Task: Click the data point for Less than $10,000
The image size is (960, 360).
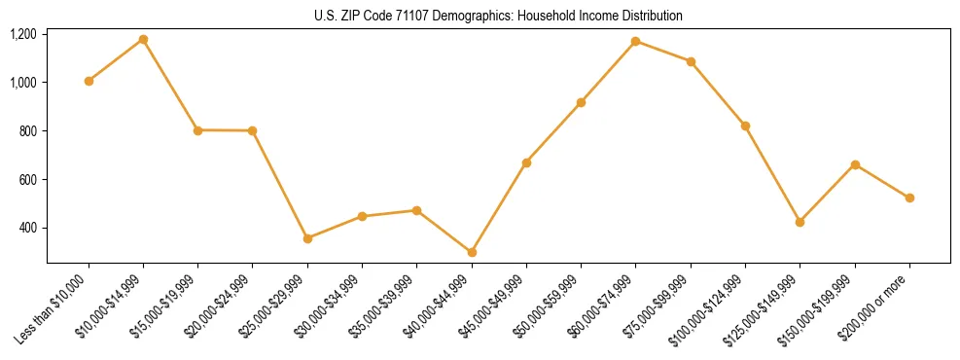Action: click(x=89, y=81)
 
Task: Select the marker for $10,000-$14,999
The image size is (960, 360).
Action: click(x=143, y=39)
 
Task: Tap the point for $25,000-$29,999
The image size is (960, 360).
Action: click(x=307, y=238)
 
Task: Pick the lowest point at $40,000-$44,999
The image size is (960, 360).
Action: click(x=472, y=252)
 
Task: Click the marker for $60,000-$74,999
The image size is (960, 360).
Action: click(x=635, y=41)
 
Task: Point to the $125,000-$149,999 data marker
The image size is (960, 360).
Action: click(x=800, y=222)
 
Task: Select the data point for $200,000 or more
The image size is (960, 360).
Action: click(x=909, y=198)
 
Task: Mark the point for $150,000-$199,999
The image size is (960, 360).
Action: click(x=855, y=164)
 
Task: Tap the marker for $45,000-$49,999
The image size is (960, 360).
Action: click(x=526, y=162)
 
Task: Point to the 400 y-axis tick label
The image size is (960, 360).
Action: click(x=27, y=228)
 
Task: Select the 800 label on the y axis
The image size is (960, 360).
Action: click(x=27, y=130)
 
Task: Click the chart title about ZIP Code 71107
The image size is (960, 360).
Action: click(x=498, y=17)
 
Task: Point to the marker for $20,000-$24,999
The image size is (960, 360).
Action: click(x=253, y=130)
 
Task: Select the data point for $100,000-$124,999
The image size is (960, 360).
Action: click(x=745, y=126)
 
